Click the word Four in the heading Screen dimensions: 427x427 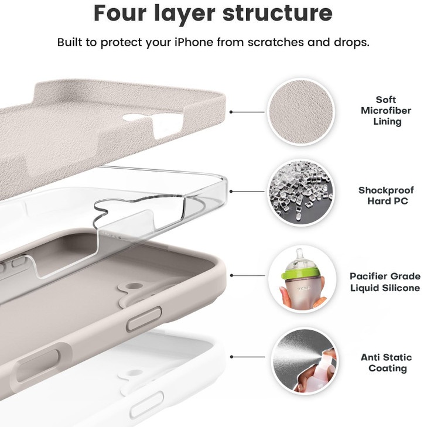(122, 13)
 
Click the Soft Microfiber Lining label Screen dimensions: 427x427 (386, 111)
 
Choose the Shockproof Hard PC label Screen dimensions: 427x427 (386, 196)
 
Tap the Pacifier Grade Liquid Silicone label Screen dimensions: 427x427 (385, 282)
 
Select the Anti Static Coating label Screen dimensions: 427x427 (386, 363)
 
